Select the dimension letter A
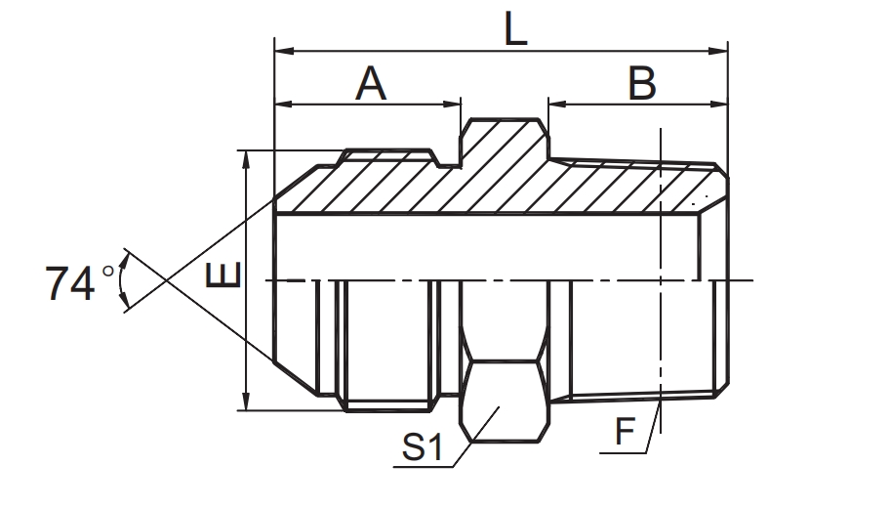click(371, 84)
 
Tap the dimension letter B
click(640, 84)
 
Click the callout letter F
click(625, 431)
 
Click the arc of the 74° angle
click(122, 281)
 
